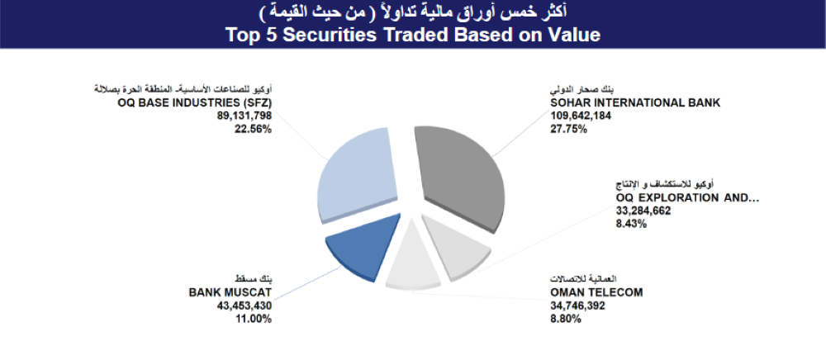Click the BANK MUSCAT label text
[x=230, y=291]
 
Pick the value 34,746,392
[x=579, y=306]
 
